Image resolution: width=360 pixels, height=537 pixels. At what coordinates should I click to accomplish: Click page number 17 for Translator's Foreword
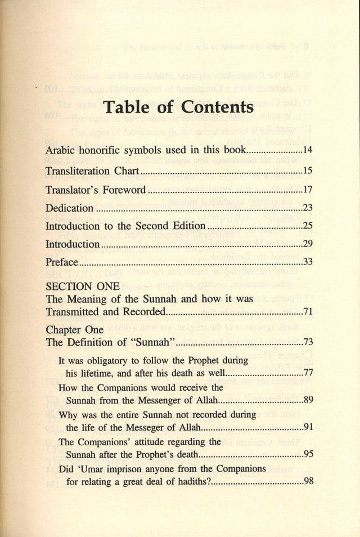point(307,190)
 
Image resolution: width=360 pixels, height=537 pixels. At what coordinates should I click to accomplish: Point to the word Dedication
point(69,208)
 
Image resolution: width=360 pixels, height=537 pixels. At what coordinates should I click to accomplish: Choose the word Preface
point(62,262)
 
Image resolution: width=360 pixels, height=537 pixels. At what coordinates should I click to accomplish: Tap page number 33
point(307,262)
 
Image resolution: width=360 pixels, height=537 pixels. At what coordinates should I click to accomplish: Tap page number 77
point(307,373)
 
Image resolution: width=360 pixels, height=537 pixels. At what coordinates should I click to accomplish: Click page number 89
point(307,400)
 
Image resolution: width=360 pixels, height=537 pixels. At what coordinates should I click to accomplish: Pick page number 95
point(307,454)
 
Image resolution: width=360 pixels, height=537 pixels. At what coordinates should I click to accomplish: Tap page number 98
point(307,481)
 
